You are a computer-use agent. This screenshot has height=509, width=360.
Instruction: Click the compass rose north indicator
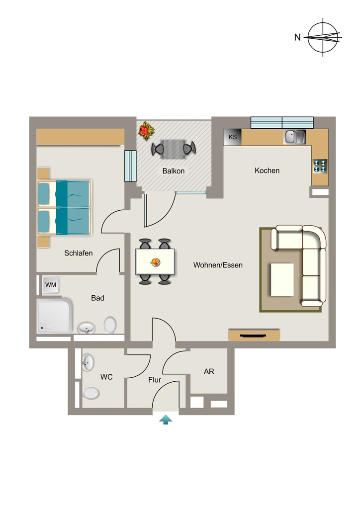pos(323,37)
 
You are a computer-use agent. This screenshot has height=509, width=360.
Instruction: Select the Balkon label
pos(174,171)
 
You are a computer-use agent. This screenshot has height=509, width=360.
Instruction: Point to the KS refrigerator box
pos(232,137)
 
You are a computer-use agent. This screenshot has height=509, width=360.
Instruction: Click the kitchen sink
pos(295,137)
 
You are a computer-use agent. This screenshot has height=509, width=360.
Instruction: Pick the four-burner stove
pos(320,166)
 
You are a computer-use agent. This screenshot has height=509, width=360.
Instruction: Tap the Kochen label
pos(267,170)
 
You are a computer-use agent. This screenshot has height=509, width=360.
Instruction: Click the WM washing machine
pos(51,285)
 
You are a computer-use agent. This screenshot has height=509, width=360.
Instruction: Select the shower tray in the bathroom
pos(54,316)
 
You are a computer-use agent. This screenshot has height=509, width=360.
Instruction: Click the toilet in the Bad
pos(110,325)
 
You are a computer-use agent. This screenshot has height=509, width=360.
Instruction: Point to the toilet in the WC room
pos(90,394)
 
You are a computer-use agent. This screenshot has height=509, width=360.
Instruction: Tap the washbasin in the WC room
pos(88,362)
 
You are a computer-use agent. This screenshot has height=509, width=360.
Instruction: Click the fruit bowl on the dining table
pos(156,262)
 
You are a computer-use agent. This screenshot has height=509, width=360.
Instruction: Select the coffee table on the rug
pos(282,280)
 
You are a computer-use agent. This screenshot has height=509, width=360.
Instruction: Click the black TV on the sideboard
pos(254,336)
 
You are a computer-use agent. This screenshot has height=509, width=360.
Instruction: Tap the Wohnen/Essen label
pos(218,265)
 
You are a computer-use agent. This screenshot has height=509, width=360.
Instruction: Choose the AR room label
pos(209,371)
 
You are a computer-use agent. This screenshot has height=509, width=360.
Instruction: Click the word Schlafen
pos(78,253)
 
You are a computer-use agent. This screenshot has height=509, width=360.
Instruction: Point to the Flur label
pos(155,379)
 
